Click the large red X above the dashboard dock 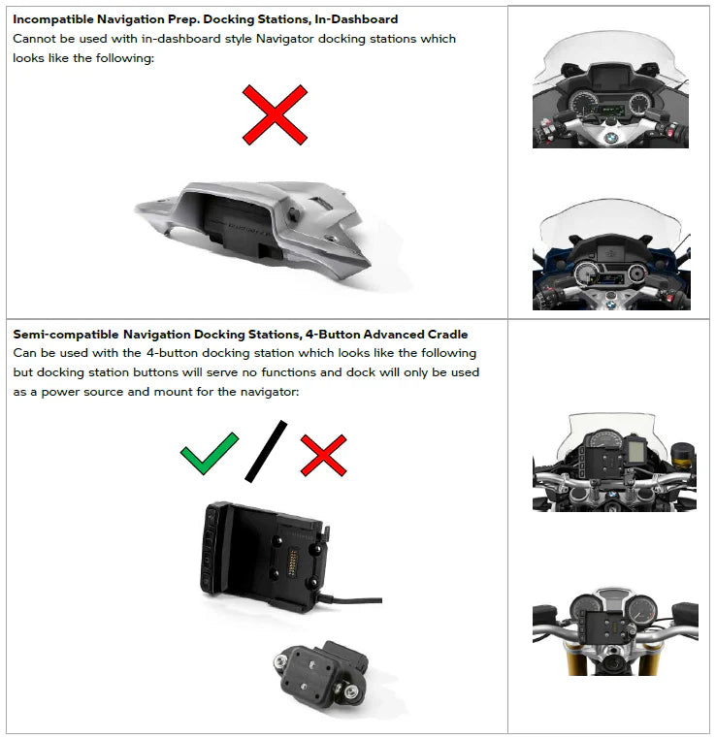pos(275,114)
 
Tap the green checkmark pos(209,454)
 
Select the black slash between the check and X pos(267,451)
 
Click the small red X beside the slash pos(323,454)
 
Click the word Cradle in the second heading pos(443,335)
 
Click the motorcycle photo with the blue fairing pos(610,255)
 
